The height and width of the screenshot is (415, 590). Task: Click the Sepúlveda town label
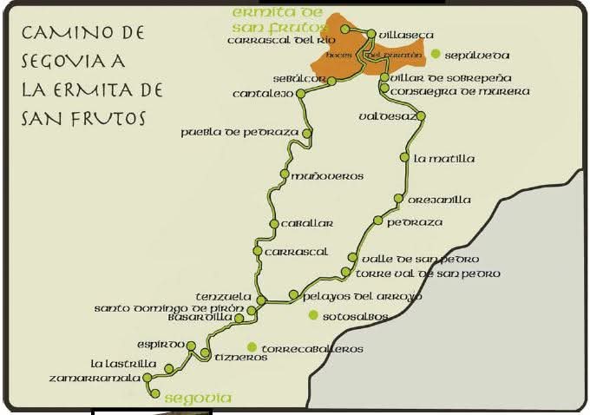click(x=476, y=54)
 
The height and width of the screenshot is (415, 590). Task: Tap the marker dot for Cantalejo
click(x=300, y=93)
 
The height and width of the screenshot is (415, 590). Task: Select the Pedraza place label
click(x=415, y=222)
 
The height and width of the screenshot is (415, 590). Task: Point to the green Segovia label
click(x=198, y=399)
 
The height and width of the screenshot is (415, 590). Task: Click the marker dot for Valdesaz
click(x=421, y=115)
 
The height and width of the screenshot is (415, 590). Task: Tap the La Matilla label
click(x=444, y=159)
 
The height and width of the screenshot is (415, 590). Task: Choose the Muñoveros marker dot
click(x=284, y=175)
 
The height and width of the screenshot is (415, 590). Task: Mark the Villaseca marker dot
click(x=370, y=35)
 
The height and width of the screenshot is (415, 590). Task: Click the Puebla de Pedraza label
click(x=239, y=133)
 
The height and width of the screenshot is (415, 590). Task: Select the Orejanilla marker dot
click(x=398, y=199)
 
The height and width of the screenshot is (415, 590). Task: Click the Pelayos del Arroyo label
click(x=363, y=296)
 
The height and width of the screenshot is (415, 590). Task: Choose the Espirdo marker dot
click(x=191, y=346)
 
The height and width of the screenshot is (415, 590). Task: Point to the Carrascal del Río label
click(x=280, y=40)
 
